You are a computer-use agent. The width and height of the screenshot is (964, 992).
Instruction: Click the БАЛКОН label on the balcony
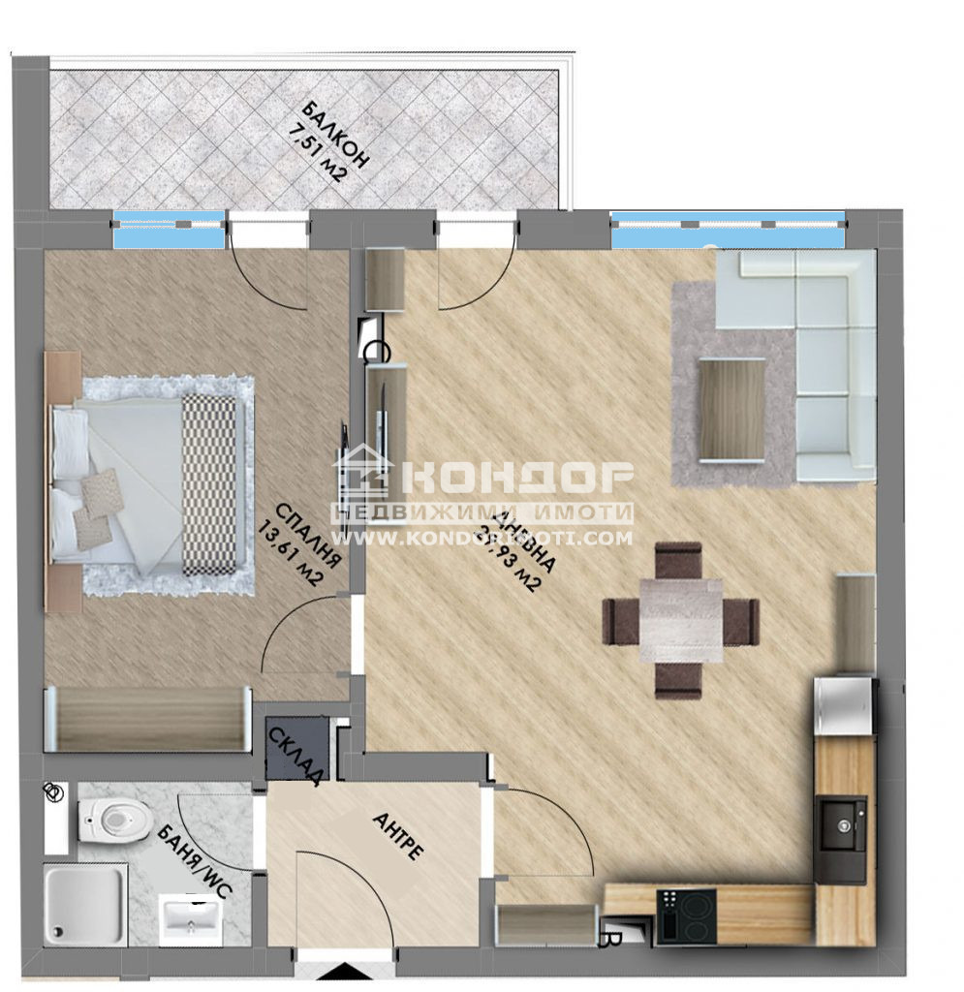click(x=334, y=134)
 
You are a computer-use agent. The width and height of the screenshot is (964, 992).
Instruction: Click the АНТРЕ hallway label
click(x=397, y=836)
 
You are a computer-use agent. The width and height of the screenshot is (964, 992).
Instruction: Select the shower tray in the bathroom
click(x=85, y=903)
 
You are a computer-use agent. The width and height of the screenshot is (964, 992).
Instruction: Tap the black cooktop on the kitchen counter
click(x=686, y=915)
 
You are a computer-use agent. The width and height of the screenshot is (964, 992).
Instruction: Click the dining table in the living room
click(x=681, y=620)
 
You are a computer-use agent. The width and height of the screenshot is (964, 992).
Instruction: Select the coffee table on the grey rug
click(x=731, y=407)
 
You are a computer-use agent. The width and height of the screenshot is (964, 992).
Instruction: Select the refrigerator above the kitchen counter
click(x=844, y=707)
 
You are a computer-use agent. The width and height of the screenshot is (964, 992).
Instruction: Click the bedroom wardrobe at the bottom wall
click(x=146, y=719)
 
